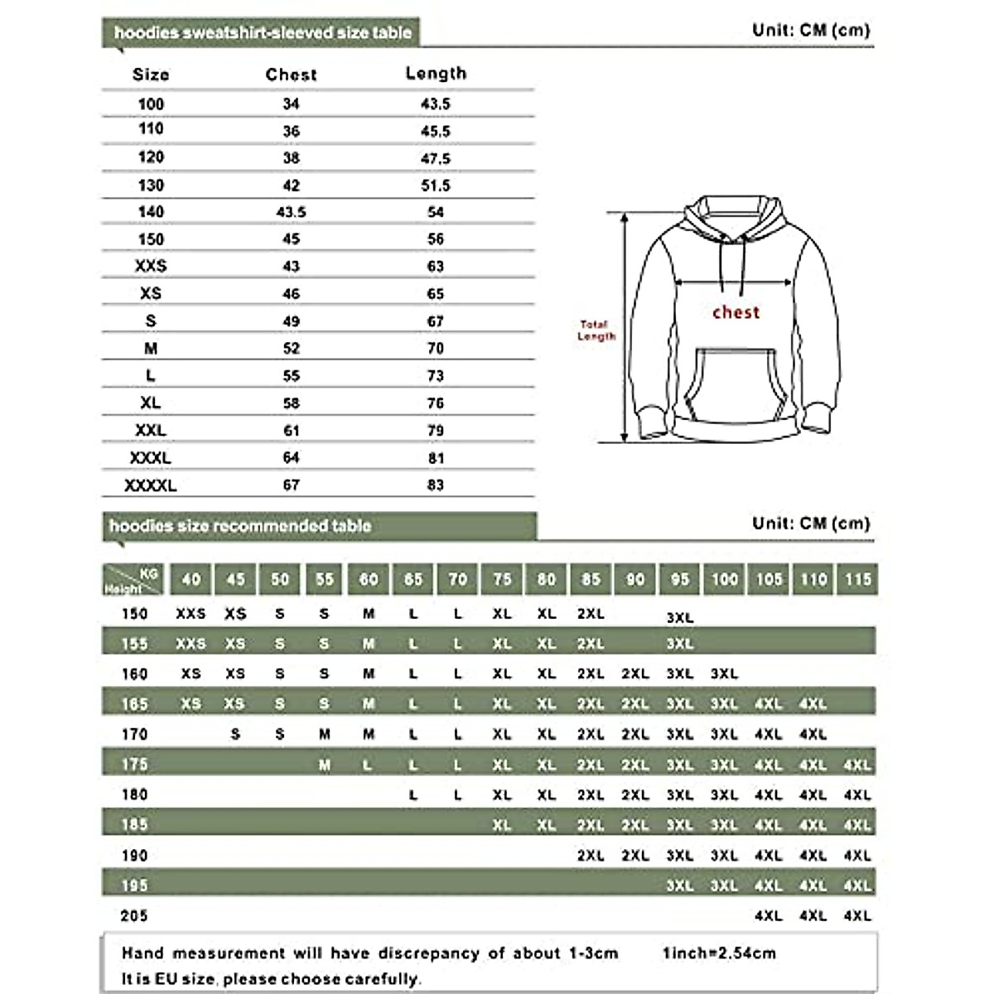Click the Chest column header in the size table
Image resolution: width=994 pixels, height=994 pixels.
[291, 75]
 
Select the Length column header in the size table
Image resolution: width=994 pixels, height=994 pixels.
[436, 74]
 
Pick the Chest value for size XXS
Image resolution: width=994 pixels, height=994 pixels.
[291, 267]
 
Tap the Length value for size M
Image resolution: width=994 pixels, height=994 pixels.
[436, 349]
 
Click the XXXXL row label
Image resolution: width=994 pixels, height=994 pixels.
[151, 485]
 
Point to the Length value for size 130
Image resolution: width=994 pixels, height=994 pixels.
[436, 186]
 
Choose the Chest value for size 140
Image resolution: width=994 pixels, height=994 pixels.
[291, 213]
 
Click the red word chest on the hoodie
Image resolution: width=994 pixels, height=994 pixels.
[736, 312]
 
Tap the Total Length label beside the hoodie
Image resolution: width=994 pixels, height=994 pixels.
[596, 331]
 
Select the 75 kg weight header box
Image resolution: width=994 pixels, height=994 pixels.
[502, 580]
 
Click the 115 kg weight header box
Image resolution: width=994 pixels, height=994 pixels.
[857, 580]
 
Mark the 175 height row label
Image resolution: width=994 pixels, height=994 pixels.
[134, 764]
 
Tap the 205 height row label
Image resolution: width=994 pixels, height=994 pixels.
[134, 915]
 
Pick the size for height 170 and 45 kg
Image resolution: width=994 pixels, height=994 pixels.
[235, 735]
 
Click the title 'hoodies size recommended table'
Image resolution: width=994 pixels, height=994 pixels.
[240, 526]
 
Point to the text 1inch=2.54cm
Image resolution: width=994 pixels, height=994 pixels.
[719, 953]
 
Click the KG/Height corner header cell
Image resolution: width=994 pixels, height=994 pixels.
[133, 580]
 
